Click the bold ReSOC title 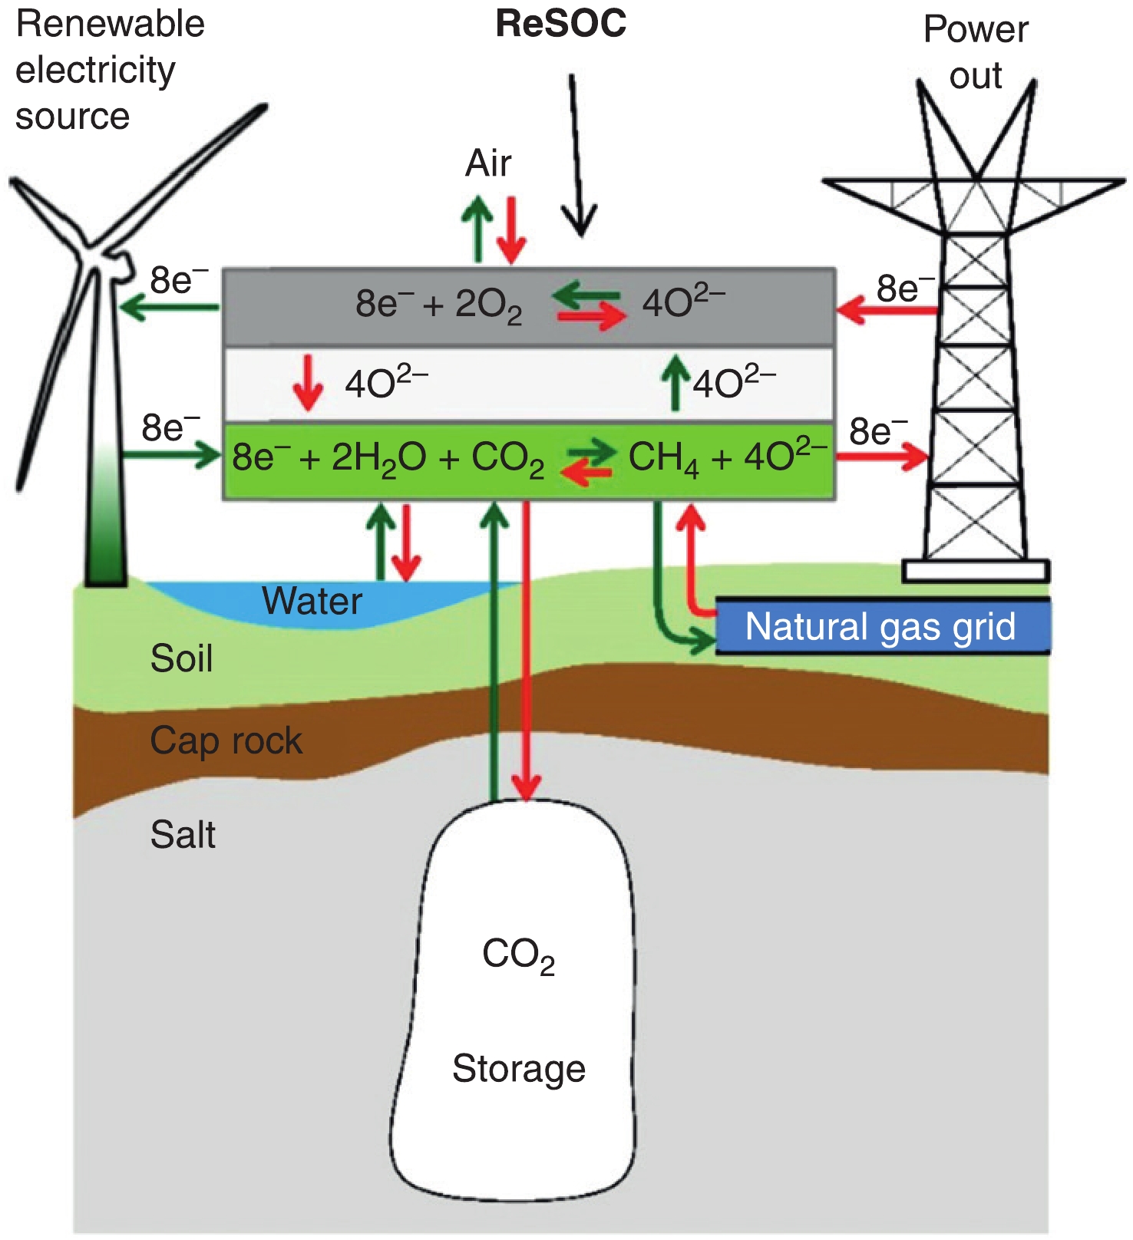click(561, 24)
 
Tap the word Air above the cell click(488, 163)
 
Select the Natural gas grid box click(881, 627)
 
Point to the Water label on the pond click(312, 601)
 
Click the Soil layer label click(181, 659)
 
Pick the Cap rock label click(226, 741)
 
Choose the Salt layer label click(183, 835)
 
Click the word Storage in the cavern click(519, 1069)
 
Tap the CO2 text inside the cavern click(518, 956)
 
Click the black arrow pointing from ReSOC click(577, 153)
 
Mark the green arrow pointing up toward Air click(477, 226)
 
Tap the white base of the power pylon click(976, 571)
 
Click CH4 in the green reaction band click(663, 459)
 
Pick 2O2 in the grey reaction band click(488, 305)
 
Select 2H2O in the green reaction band click(378, 459)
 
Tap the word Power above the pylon click(976, 30)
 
